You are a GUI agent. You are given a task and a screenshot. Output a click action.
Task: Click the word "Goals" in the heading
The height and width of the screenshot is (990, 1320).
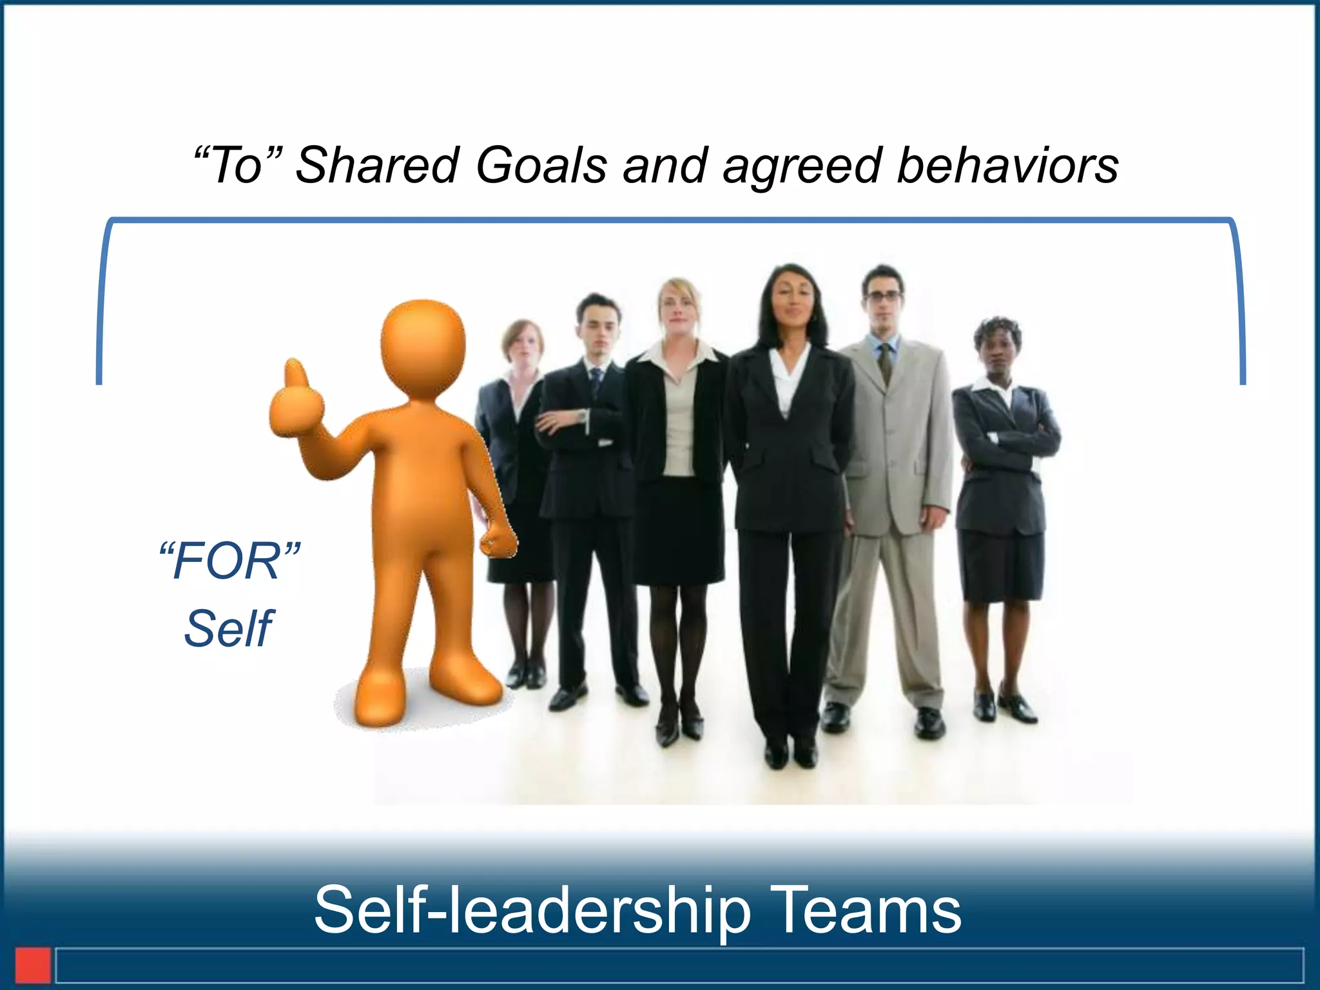point(541,165)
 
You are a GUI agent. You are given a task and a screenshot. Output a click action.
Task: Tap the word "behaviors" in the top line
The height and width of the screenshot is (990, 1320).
point(1007,165)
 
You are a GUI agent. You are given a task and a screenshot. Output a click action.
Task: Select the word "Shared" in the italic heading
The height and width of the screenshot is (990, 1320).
point(377,165)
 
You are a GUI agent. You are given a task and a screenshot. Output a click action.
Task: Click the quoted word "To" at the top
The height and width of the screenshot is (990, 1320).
point(238,165)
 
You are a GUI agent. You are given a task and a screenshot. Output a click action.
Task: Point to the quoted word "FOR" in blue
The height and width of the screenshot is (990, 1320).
point(229,561)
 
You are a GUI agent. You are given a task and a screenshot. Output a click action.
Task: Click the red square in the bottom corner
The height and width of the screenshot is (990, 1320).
point(33,965)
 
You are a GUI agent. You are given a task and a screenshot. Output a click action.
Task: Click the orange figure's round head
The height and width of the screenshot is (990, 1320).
point(423,348)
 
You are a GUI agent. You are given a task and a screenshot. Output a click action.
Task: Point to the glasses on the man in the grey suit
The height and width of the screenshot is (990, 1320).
point(883,297)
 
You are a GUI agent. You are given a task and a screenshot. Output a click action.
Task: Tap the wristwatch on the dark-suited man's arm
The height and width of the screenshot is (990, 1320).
point(583,416)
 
